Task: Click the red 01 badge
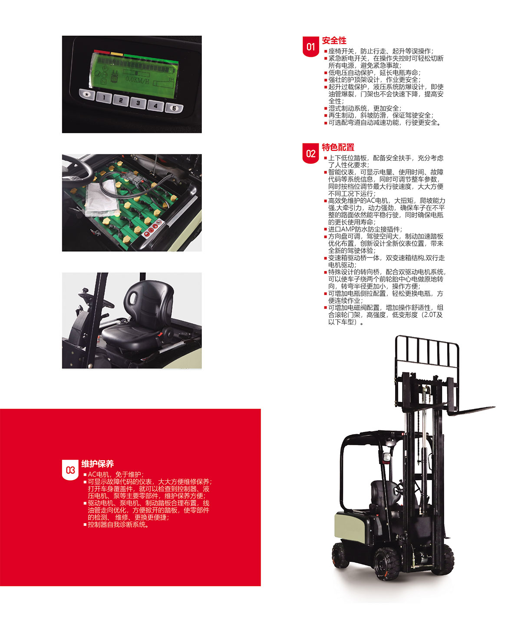coord(310,46)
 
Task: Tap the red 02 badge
coord(310,153)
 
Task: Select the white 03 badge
coord(70,470)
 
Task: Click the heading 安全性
coord(334,40)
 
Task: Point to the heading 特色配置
coord(338,147)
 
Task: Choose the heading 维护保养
coord(98,464)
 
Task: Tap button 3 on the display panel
coord(138,103)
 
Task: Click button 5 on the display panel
coord(174,108)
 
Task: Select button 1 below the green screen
coord(104,98)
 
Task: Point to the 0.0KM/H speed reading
coord(137,80)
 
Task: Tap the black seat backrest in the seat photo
coord(148,302)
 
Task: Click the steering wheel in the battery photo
coord(77,170)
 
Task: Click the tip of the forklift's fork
coord(494,407)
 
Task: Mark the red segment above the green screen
coord(102,52)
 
